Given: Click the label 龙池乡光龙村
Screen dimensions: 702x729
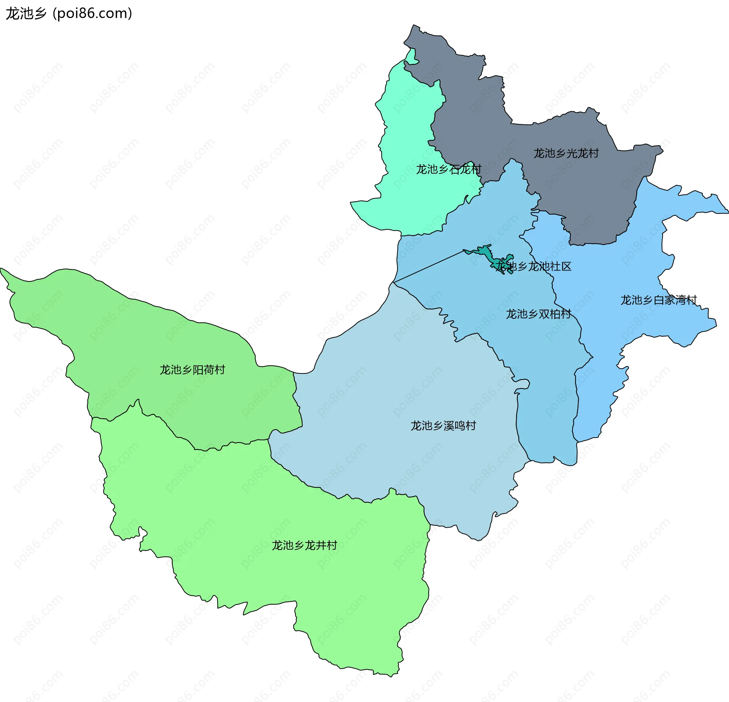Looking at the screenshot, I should [566, 153].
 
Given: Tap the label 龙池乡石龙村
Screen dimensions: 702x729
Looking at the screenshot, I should [448, 169].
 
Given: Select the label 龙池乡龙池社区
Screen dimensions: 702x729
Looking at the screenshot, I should [533, 266].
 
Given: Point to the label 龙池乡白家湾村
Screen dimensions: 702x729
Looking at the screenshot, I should [658, 300].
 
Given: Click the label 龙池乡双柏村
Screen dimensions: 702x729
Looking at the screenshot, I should [538, 314].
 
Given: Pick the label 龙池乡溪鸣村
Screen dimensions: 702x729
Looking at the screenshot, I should [443, 425].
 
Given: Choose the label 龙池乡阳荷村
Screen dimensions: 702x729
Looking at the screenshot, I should [192, 370].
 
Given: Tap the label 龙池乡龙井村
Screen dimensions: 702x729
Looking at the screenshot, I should [304, 545].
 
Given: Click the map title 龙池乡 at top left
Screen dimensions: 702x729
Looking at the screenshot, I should [26, 14].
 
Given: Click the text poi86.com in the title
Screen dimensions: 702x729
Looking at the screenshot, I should [92, 14].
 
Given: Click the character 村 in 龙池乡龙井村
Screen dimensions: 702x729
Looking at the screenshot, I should [332, 545].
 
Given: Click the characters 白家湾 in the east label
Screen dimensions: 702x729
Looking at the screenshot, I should [669, 300].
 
